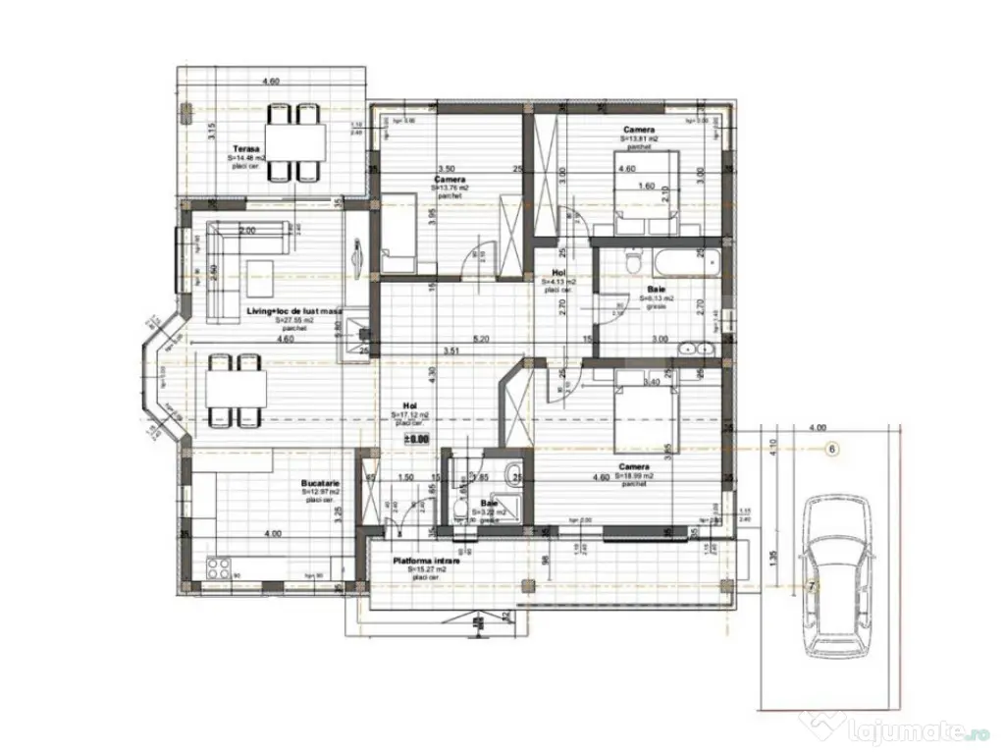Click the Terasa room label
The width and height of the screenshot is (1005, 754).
[232, 149]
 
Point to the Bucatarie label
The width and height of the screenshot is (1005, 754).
[320, 484]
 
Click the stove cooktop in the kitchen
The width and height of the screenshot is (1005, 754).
[217, 566]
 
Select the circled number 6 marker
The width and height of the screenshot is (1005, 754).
[831, 449]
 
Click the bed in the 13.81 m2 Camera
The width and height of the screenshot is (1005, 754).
[644, 207]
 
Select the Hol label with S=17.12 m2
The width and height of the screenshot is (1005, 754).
[410, 404]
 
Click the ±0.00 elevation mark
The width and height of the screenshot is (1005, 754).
[417, 441]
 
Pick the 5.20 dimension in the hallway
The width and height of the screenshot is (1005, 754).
[481, 339]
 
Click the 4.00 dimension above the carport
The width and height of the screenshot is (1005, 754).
[817, 428]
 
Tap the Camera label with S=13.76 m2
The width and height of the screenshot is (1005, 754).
[450, 180]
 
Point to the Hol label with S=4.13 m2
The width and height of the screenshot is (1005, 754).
[558, 273]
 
